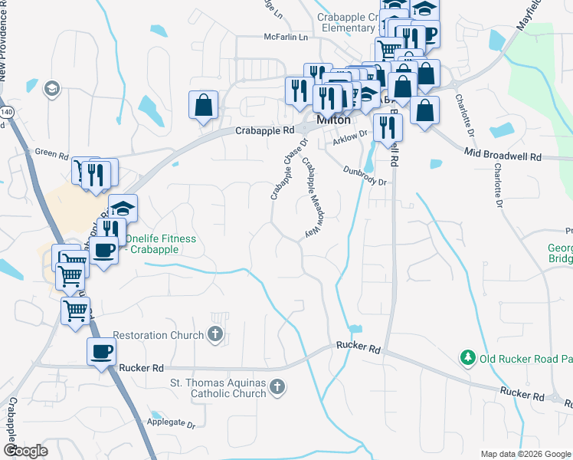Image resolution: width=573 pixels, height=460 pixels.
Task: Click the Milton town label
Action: [333, 120]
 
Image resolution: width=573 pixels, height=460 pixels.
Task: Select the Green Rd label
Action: [52, 153]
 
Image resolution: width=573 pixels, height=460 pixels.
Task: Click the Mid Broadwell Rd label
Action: [503, 156]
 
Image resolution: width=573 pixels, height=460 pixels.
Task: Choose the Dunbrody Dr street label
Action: [366, 176]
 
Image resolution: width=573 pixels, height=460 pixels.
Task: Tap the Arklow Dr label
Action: [350, 133]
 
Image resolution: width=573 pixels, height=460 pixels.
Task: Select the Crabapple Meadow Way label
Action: [312, 198]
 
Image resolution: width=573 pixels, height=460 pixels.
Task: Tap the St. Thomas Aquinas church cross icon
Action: [277, 389]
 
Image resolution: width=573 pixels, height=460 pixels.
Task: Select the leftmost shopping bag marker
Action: [204, 105]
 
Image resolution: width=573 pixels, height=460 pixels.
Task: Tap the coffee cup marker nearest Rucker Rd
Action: [101, 352]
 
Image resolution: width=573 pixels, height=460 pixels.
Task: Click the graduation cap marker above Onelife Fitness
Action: [123, 209]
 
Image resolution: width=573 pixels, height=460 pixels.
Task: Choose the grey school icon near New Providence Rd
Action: [53, 88]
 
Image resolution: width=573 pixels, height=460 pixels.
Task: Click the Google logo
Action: [25, 450]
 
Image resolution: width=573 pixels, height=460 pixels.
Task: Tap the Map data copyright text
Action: [526, 454]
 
